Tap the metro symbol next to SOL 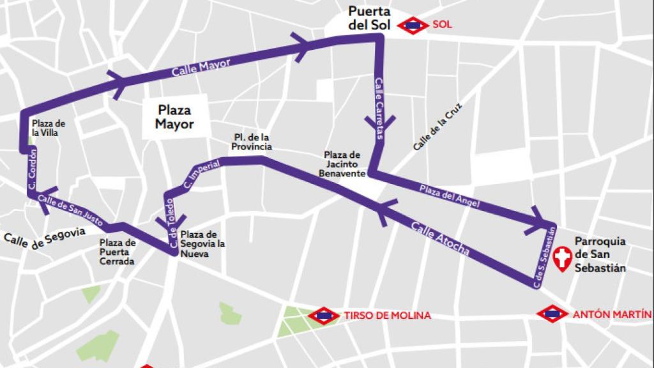point(413,26)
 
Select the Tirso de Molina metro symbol point(323,316)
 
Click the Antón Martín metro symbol point(552,314)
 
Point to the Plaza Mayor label point(174,117)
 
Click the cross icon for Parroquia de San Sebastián point(563,259)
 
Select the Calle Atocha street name point(440,239)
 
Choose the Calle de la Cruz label point(436,126)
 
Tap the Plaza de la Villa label point(49,128)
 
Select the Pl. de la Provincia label point(252,142)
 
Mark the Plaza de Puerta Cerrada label point(118,252)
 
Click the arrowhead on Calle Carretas point(379,121)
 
